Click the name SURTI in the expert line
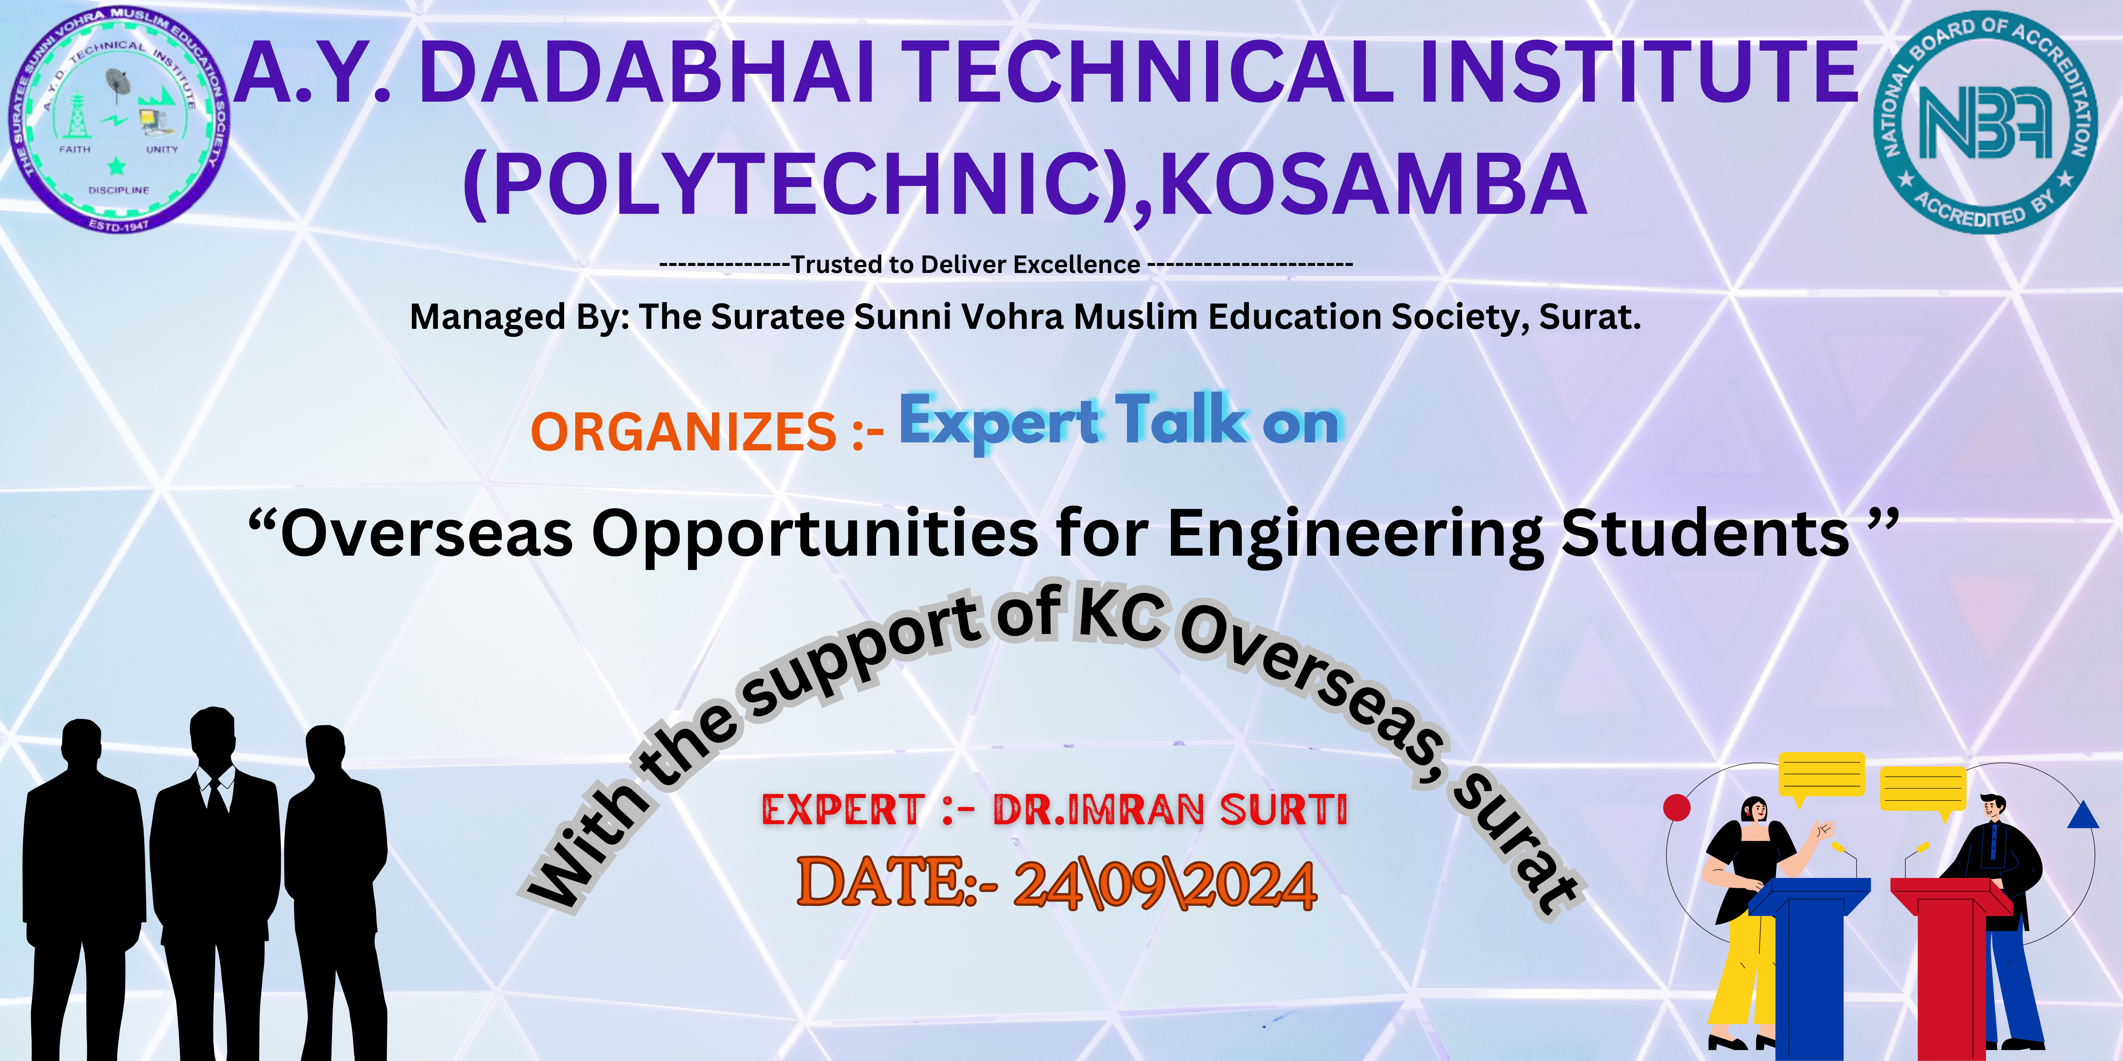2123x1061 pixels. [1283, 810]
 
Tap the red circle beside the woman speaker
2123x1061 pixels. [1676, 807]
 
